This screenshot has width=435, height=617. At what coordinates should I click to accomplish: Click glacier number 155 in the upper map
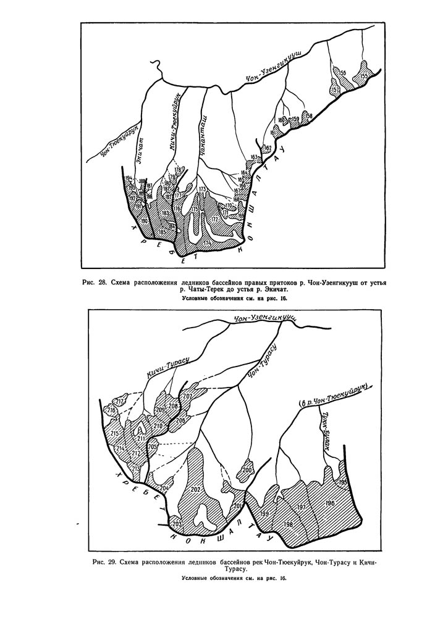pos(363,76)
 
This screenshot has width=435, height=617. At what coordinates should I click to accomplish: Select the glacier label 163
pos(254,157)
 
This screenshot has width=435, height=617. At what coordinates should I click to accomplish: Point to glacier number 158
pos(309,115)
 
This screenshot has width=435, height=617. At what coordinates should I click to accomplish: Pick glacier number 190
pos(145,220)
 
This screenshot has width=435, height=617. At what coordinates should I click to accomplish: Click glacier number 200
pos(248,470)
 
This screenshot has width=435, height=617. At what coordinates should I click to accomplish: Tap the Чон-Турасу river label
pos(263,362)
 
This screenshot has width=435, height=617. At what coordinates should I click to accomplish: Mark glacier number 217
pos(120,401)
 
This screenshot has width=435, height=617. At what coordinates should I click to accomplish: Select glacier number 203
pos(177,524)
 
